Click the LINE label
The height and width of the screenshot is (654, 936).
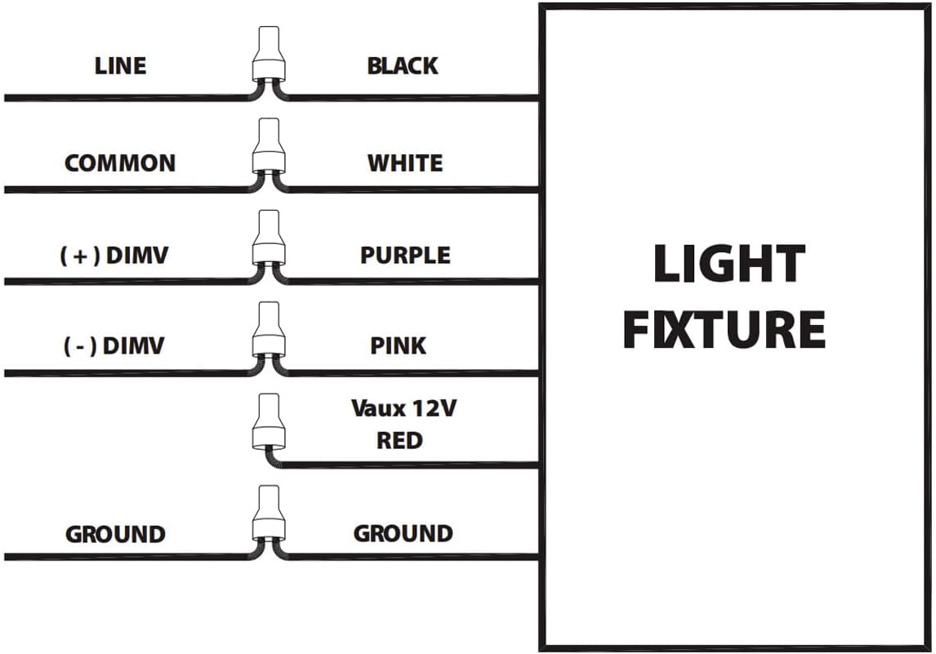tap(120, 65)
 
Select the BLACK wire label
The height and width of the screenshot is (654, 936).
tap(403, 65)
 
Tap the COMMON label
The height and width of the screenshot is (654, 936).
tap(120, 162)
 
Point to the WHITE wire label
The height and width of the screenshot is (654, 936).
tap(405, 162)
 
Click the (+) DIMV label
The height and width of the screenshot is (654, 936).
tap(114, 255)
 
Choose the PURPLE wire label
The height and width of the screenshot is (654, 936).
tap(405, 255)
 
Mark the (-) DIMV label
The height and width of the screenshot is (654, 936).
tap(114, 346)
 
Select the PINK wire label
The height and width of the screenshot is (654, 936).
tap(399, 346)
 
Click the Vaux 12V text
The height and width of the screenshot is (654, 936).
tap(403, 407)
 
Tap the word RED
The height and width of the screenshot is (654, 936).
tap(399, 441)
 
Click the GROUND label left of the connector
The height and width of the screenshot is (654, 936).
tap(115, 535)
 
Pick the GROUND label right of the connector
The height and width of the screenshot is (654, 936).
tap(403, 534)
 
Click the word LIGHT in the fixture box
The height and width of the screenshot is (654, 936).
tap(729, 265)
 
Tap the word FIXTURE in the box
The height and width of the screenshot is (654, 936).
tap(724, 329)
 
